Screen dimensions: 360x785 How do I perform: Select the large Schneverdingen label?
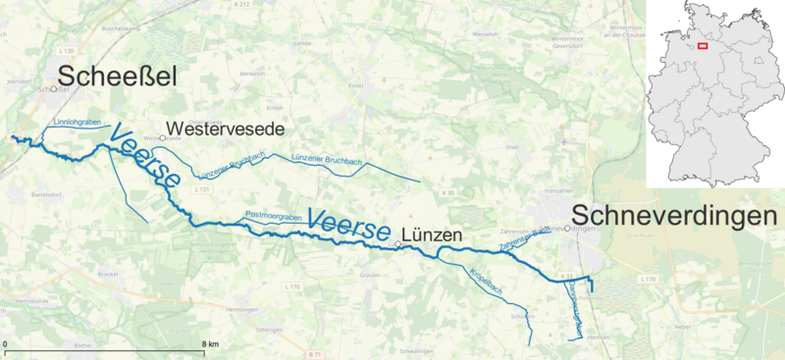(672, 214)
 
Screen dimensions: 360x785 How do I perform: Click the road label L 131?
(203, 187)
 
